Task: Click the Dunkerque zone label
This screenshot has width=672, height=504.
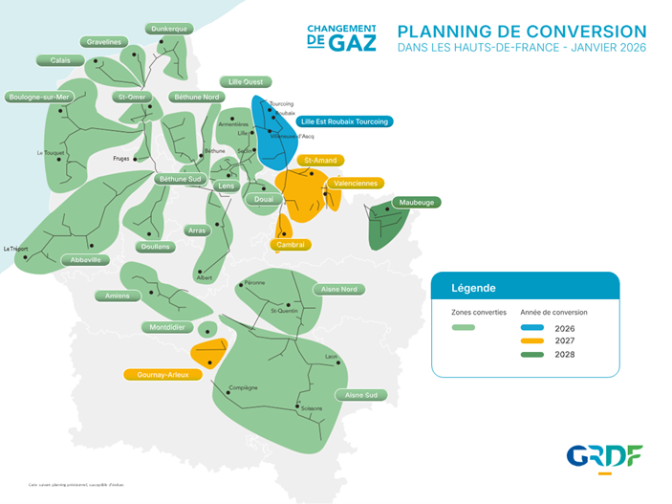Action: (x=169, y=29)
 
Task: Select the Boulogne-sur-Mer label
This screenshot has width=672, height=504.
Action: (x=39, y=97)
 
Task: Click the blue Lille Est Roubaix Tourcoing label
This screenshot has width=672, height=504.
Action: (x=343, y=121)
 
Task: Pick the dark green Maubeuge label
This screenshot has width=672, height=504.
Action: (x=415, y=203)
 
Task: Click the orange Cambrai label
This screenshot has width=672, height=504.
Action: (x=290, y=245)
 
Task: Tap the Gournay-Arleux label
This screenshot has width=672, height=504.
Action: (x=163, y=375)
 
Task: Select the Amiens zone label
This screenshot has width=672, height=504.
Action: (x=119, y=296)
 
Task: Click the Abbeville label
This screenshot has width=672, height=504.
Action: (x=85, y=259)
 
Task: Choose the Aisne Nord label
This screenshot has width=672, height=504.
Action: (x=339, y=289)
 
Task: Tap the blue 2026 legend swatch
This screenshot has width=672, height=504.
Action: (x=532, y=327)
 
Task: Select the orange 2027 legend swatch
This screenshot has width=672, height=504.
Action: (x=532, y=340)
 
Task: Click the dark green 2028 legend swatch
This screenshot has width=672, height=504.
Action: (x=532, y=355)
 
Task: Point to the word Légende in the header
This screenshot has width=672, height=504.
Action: (x=473, y=288)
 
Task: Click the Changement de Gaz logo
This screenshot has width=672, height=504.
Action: (x=341, y=37)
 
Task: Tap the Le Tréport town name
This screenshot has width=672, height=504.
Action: (x=17, y=249)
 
